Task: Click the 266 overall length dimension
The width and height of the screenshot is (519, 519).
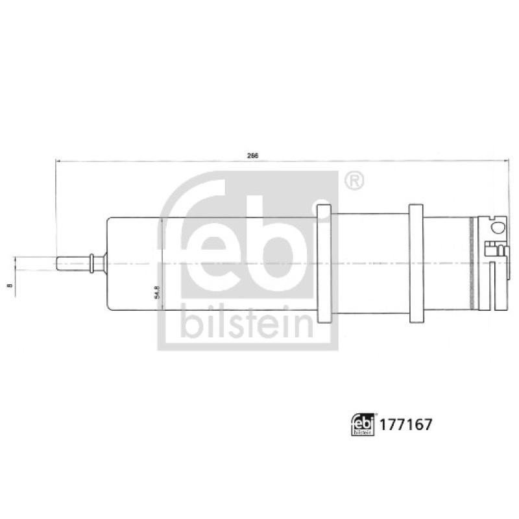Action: [253, 156]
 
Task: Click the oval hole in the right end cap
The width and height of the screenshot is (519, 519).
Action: [498, 226]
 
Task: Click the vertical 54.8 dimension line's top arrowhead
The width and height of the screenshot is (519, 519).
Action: [160, 221]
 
